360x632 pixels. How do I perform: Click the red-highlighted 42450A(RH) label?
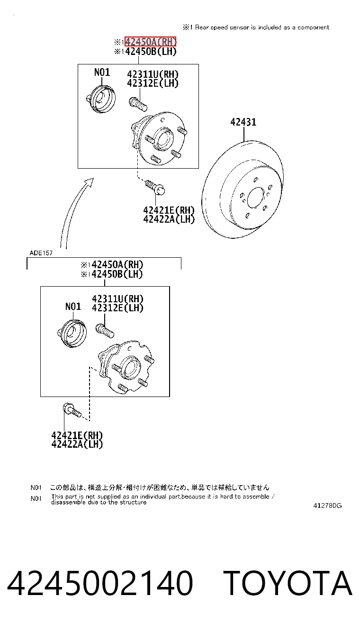(x=150, y=42)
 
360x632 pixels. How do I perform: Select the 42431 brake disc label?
(x=243, y=122)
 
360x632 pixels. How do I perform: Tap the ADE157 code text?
(x=41, y=253)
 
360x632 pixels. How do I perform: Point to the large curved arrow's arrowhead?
(x=90, y=181)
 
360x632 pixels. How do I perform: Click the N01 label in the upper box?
(x=102, y=72)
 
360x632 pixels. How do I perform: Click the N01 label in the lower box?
(x=73, y=307)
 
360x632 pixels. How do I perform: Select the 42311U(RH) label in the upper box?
(x=153, y=74)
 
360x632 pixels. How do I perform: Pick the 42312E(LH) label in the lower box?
(x=117, y=308)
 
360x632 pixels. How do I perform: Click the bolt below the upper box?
(x=155, y=187)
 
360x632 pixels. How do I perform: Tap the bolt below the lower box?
(x=72, y=411)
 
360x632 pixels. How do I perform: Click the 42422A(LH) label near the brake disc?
(x=169, y=219)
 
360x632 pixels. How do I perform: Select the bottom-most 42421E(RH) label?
(x=77, y=435)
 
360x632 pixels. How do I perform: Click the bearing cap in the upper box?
(x=101, y=99)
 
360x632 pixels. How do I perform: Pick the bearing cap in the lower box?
(x=72, y=333)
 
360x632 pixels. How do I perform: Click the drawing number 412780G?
(x=327, y=506)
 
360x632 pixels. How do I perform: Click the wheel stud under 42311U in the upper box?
(x=138, y=104)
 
